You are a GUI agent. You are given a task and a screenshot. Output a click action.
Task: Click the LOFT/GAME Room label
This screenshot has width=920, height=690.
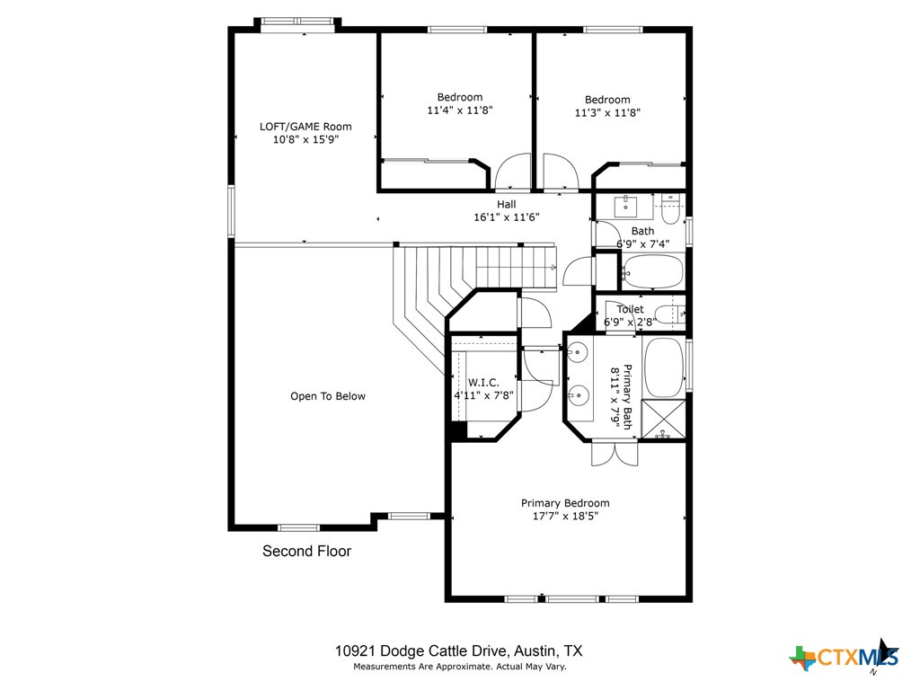(305, 127)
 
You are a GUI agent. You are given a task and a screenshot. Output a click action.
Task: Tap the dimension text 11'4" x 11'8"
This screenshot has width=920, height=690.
(460, 111)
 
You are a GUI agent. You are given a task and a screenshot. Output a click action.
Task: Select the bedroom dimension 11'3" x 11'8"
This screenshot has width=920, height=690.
(607, 113)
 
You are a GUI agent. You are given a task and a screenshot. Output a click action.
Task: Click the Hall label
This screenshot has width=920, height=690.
(507, 205)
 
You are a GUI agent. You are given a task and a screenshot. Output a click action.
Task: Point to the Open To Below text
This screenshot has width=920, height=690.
(328, 396)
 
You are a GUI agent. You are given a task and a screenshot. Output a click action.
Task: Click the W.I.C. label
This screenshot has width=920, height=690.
(483, 383)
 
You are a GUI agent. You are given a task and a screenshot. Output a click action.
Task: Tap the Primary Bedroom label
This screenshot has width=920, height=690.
(565, 503)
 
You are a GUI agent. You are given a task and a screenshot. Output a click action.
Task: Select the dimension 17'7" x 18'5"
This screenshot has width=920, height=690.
(565, 517)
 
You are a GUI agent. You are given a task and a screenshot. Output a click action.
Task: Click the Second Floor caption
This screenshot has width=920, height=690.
(306, 552)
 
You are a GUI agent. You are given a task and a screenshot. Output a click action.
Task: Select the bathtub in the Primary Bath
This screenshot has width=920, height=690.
(664, 367)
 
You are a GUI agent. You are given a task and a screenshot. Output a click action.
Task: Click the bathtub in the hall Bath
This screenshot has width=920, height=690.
(652, 270)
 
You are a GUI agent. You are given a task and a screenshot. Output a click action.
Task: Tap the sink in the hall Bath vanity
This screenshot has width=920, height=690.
(626, 207)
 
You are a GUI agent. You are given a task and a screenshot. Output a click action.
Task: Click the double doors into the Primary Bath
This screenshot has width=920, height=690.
(615, 454)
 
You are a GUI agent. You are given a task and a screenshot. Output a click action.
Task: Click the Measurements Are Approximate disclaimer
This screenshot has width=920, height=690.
(459, 667)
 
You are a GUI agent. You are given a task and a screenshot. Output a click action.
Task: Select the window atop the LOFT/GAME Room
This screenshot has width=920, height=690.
(297, 24)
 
